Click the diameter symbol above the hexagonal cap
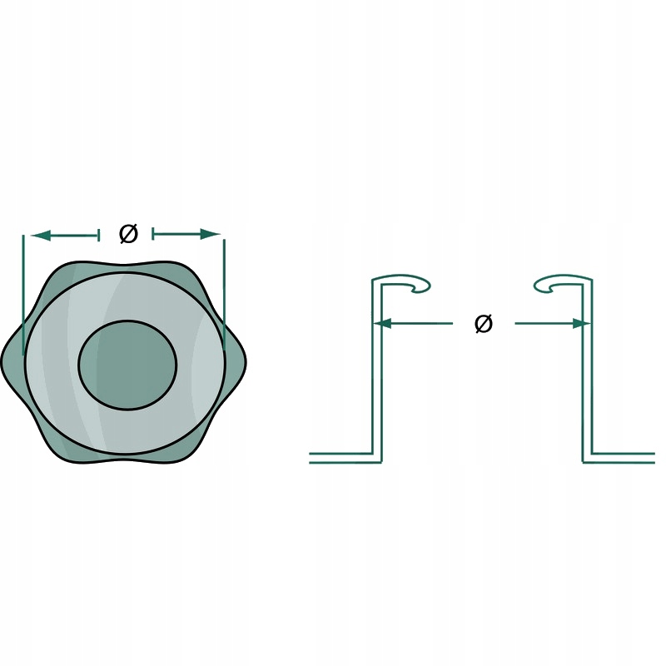point(128,234)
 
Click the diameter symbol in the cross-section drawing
point(484,324)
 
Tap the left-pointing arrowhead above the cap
point(41,235)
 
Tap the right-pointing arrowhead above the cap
point(211,234)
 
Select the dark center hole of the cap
point(127,365)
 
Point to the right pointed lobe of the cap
point(236,362)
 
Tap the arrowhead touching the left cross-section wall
point(383,324)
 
